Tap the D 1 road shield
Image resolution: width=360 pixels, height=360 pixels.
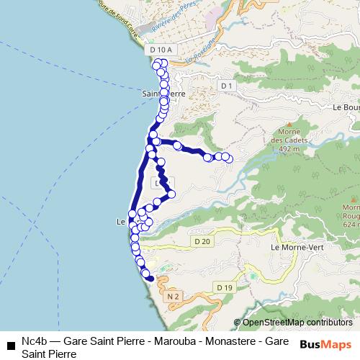pos(228,86)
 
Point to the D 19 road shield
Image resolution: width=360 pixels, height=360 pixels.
pos(225,287)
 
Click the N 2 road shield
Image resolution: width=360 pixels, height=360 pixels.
pos(171,296)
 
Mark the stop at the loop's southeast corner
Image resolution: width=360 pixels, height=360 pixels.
pos(171,194)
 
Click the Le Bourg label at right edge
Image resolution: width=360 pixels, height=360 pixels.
pos(346,107)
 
